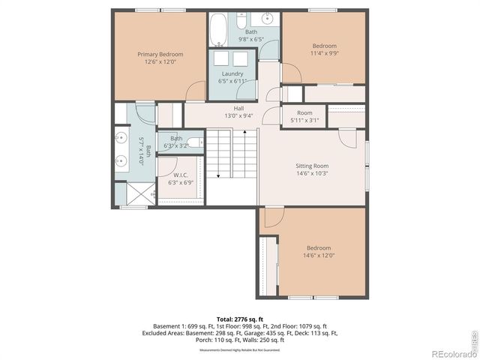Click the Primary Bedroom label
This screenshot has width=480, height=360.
tap(160, 54)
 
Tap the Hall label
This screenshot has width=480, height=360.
tap(238, 108)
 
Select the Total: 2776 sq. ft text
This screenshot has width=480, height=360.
tap(240, 319)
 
